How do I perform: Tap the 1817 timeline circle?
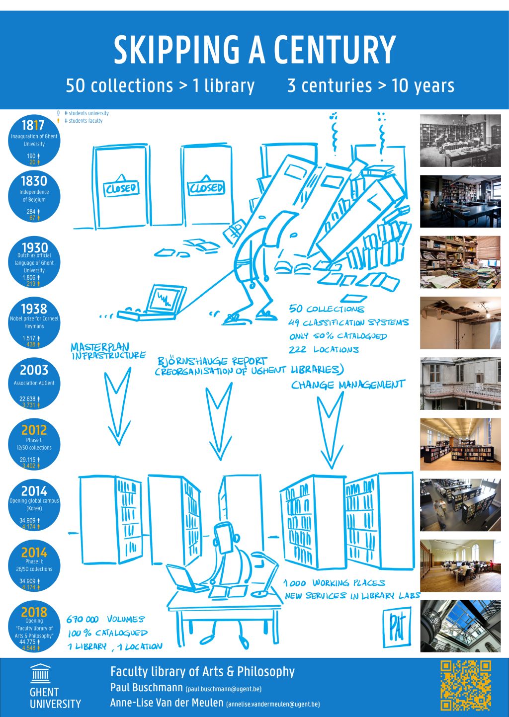(x=34, y=141)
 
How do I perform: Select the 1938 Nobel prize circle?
(x=34, y=323)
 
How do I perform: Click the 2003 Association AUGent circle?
(x=34, y=384)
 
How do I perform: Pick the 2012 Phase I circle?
(x=34, y=445)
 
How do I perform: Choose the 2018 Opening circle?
(x=34, y=627)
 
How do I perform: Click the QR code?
(x=466, y=685)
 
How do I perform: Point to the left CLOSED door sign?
(x=121, y=187)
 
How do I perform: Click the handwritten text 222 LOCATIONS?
(x=324, y=349)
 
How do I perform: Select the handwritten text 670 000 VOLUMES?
(x=105, y=619)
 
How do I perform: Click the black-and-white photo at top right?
(x=460, y=140)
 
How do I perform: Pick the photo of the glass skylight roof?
(x=460, y=626)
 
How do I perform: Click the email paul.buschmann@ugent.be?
(x=223, y=689)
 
